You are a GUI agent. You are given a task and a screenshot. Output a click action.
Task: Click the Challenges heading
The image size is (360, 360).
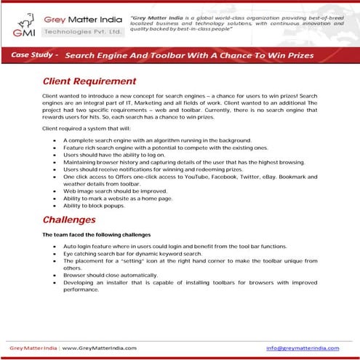pyautogui.click(x=69, y=219)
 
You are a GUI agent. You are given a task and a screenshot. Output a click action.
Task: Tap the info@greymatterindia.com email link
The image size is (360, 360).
pyautogui.click(x=308, y=348)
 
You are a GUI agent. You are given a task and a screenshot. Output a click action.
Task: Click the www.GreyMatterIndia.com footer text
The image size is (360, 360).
pyautogui.click(x=96, y=348)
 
